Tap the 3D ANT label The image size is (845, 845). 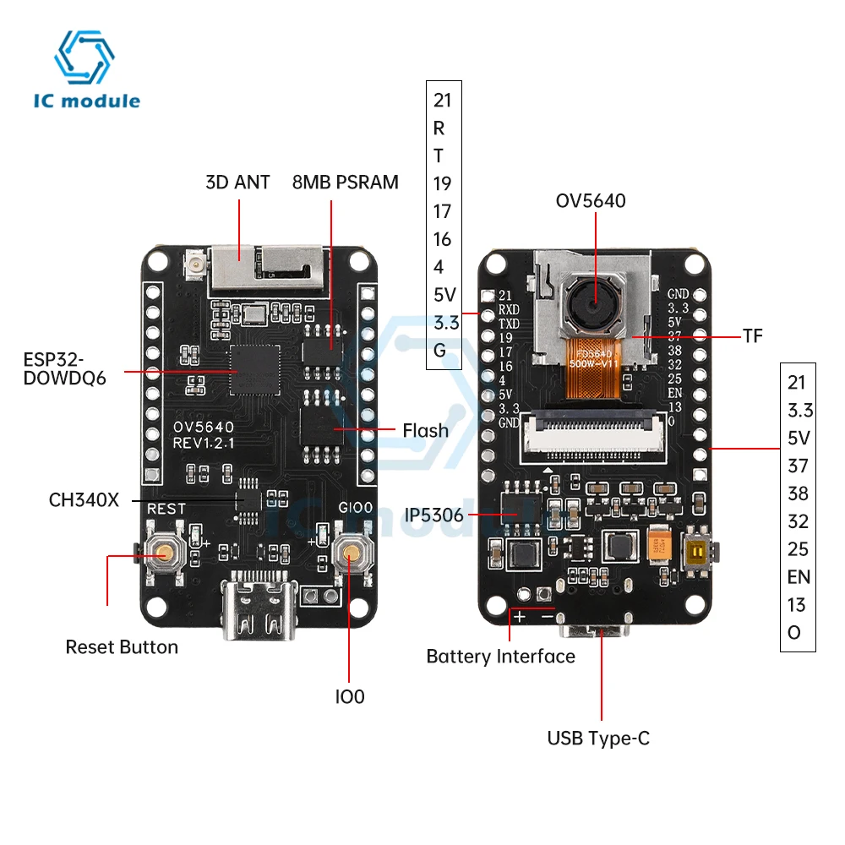point(237,182)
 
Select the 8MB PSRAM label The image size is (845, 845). point(345,182)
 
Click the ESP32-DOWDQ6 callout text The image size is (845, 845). point(65,367)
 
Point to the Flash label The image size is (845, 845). point(425,431)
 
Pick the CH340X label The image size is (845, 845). point(84,499)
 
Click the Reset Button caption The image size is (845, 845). point(122,647)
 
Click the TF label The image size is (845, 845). point(753,336)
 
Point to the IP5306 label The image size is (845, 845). point(433,514)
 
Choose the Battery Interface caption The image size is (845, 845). point(500,657)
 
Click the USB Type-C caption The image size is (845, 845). point(598,739)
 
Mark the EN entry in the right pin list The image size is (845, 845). point(799,577)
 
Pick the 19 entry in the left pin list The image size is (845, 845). point(442,183)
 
